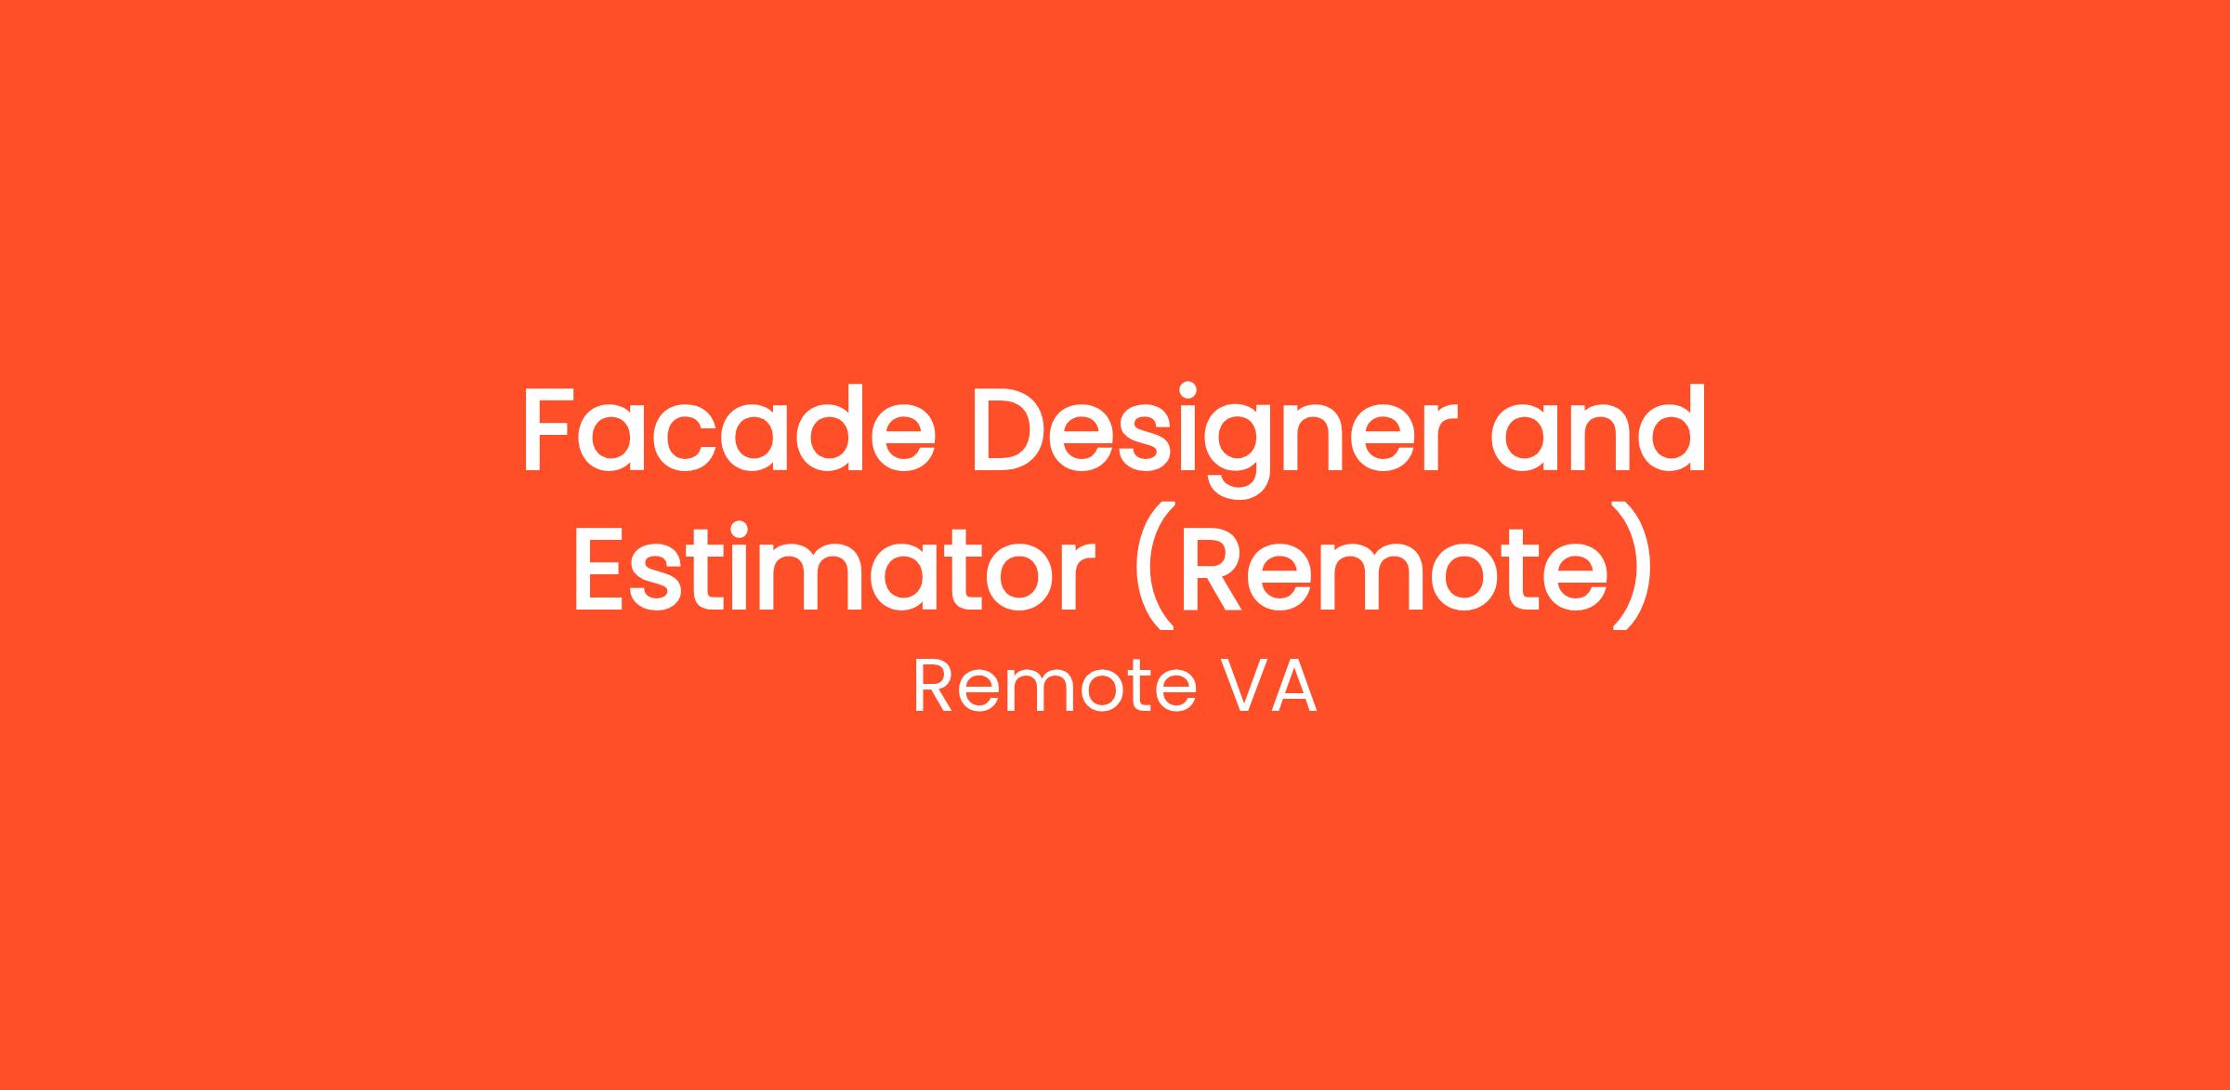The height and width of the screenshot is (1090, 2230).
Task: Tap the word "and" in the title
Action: click(x=1598, y=427)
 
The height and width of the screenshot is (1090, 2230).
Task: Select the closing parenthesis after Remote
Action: click(x=1633, y=567)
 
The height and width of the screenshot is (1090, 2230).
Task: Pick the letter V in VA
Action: click(x=1241, y=688)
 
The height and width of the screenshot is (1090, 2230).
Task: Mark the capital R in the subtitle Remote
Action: click(x=933, y=688)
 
